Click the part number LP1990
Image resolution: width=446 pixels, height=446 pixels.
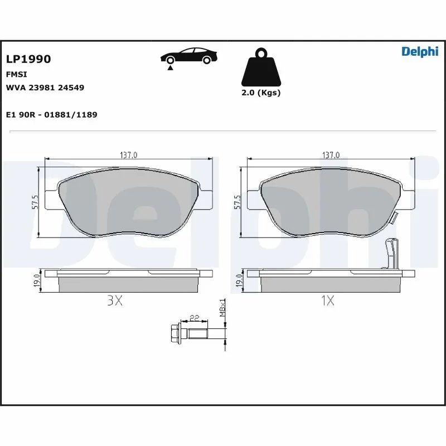pos(28,59)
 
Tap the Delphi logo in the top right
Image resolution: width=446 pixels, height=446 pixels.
pos(420,51)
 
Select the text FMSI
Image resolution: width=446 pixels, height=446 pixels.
pos(17,74)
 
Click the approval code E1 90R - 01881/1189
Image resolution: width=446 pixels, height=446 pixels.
pos(51,114)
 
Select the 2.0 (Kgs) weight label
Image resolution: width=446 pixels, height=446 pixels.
pos(261,93)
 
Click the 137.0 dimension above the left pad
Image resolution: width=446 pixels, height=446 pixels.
pos(128,154)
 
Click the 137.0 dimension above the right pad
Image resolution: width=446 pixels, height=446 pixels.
pos(331,154)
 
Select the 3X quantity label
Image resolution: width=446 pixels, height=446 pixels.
pos(114,301)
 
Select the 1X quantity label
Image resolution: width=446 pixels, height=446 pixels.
pos(327,301)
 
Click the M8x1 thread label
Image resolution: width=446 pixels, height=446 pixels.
pos(222,308)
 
